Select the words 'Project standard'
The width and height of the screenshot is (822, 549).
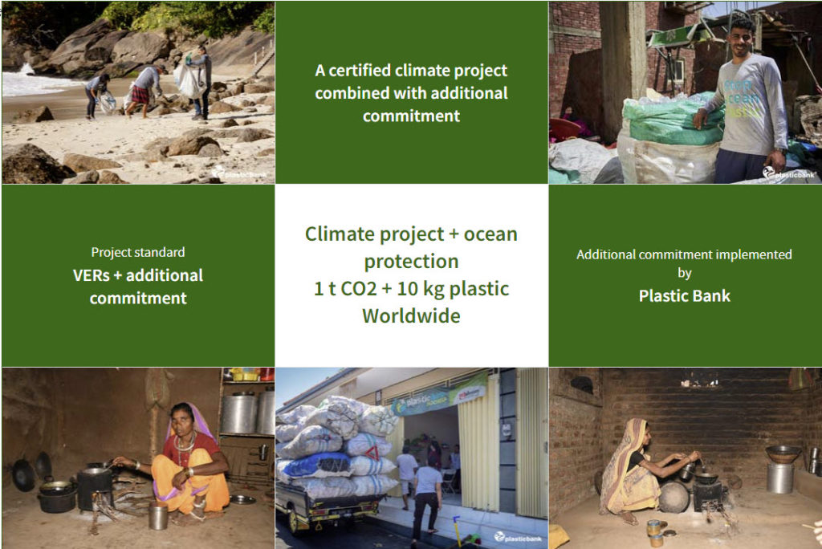[138, 252]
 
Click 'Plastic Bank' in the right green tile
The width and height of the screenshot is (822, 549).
[684, 295]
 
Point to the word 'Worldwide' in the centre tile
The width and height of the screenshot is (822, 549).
[412, 316]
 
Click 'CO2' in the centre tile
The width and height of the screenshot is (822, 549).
[359, 289]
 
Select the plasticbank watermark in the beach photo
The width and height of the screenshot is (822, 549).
[240, 173]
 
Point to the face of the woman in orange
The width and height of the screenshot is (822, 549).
[181, 419]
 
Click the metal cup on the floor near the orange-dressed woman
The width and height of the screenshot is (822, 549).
[158, 516]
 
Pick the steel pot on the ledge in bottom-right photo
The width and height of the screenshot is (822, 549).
[779, 477]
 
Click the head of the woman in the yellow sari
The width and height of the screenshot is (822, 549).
[640, 432]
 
